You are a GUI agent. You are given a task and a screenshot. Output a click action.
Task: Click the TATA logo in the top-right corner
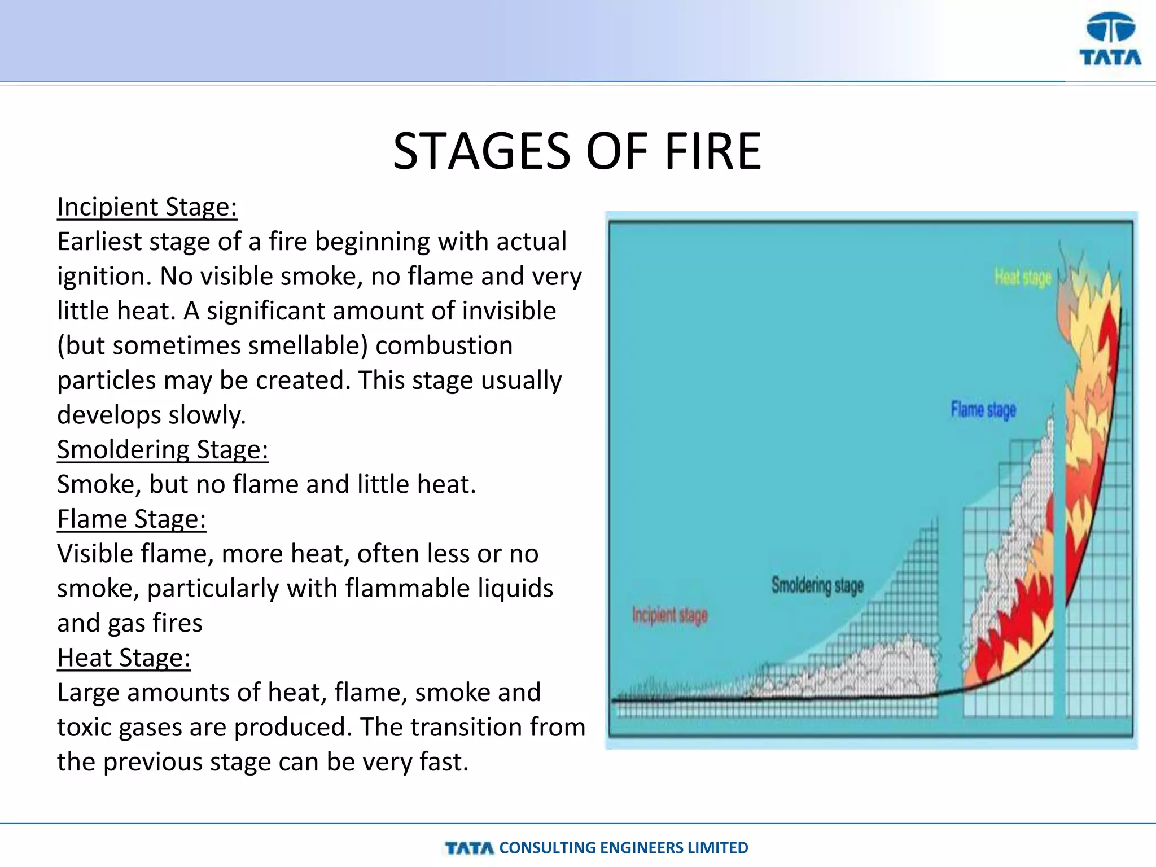pyautogui.click(x=1110, y=40)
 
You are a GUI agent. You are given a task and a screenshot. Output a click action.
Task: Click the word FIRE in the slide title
pyautogui.click(x=713, y=151)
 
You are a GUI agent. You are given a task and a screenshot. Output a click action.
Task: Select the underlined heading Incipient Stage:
pyautogui.click(x=147, y=207)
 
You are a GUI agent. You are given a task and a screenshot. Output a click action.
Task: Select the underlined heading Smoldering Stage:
pyautogui.click(x=163, y=450)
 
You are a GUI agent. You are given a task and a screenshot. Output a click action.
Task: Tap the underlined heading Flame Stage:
pyautogui.click(x=132, y=519)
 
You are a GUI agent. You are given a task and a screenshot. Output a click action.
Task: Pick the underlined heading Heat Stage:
pyautogui.click(x=124, y=658)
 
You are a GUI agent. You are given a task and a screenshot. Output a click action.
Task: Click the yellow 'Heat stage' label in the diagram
pyautogui.click(x=1023, y=278)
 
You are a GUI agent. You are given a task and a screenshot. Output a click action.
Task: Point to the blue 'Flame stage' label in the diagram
pyautogui.click(x=983, y=410)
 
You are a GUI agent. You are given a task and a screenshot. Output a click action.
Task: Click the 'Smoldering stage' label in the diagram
pyautogui.click(x=817, y=585)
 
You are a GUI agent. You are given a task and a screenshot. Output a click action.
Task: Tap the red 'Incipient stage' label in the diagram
pyautogui.click(x=669, y=615)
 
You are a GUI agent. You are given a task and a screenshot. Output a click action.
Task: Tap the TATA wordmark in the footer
pyautogui.click(x=469, y=848)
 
